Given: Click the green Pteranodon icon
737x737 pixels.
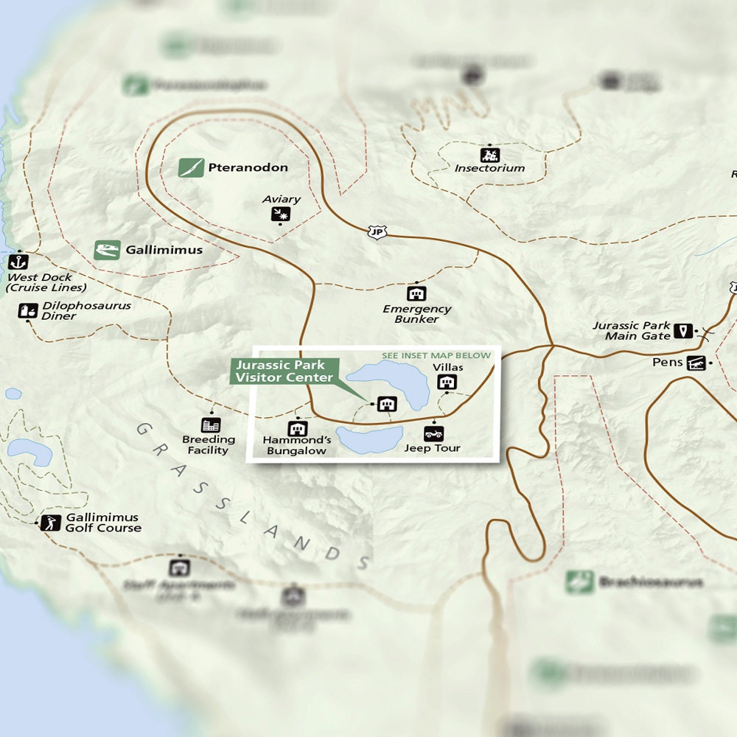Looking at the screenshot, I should tap(191, 168).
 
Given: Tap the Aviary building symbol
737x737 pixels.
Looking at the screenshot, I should tap(280, 214).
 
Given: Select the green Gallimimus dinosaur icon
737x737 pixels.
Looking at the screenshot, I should tap(107, 250).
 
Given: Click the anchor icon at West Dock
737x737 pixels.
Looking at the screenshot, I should tap(18, 262).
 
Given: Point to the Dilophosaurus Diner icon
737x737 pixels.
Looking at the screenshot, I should tap(28, 311).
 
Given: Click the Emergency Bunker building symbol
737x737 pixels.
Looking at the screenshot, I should tap(416, 293).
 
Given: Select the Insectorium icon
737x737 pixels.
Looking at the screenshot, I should tap(489, 155).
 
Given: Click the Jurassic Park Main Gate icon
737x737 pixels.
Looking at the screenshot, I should tap(684, 331).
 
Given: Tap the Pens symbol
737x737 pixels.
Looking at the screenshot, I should tap(696, 363).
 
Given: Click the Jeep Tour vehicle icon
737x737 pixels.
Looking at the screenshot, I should tap(433, 433).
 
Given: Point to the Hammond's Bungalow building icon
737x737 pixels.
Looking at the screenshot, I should tap(297, 428).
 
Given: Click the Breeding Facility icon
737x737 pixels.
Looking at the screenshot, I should tap(211, 425).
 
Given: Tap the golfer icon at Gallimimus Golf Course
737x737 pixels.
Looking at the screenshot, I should tap(50, 523).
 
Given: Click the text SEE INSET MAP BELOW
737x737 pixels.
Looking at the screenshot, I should tap(436, 355).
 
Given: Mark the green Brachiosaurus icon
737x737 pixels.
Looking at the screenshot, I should tap(580, 582).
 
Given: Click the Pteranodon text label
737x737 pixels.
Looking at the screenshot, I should tap(248, 168).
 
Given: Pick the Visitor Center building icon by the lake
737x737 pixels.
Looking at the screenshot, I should tap(387, 404).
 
